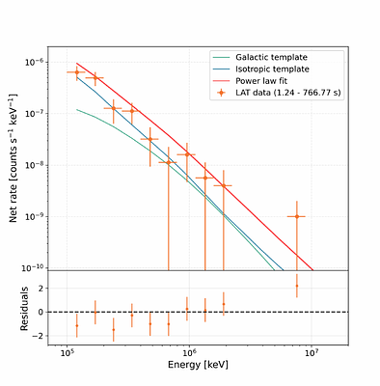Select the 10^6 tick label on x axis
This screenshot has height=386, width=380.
(x=189, y=354)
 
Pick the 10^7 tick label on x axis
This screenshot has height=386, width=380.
(x=312, y=354)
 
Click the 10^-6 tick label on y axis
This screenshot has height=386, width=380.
(x=37, y=62)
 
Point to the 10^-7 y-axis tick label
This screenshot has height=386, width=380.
(x=37, y=114)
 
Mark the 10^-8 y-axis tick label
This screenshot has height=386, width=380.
(x=37, y=165)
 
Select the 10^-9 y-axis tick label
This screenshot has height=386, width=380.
(x=37, y=217)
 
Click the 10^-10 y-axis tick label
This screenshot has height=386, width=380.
(x=36, y=268)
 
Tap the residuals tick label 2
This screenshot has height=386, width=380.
(x=41, y=289)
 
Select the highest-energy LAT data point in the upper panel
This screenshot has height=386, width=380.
(x=297, y=216)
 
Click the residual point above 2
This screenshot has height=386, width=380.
(x=297, y=286)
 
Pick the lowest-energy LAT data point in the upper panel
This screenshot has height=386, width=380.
(x=77, y=72)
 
